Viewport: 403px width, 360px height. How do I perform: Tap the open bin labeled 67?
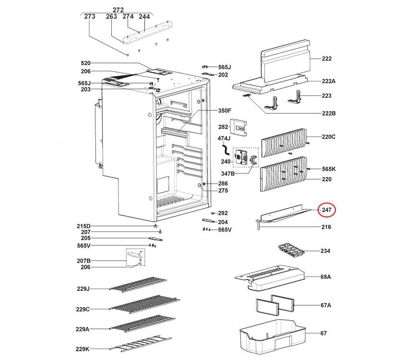271,336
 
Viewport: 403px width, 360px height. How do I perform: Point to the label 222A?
328,81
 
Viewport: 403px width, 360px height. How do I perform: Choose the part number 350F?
225,110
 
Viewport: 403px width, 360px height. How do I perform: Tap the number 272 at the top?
118,10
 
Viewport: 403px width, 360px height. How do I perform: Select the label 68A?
326,277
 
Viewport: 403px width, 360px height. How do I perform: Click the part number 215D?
83,226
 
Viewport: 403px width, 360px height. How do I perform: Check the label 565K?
329,169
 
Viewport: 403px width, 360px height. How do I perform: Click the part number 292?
223,213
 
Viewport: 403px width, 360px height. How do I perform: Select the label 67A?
325,305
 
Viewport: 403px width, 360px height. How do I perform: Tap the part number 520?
85,63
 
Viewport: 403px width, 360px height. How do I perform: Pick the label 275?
223,191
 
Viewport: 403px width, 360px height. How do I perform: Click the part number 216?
326,227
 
